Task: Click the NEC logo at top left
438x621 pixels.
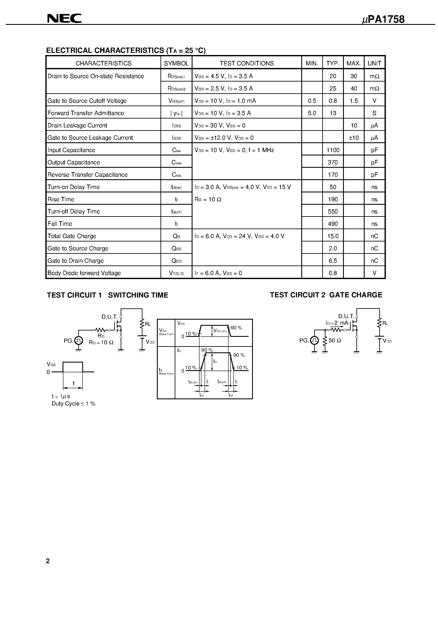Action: tap(64, 18)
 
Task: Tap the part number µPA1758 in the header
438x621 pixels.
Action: tap(383, 20)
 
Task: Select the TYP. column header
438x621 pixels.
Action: tap(333, 63)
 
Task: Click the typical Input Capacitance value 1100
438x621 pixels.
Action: tap(333, 150)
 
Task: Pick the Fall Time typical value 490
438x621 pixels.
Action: tap(333, 224)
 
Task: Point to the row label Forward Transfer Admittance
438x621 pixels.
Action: tap(86, 113)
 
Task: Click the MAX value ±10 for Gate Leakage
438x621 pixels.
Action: tap(353, 138)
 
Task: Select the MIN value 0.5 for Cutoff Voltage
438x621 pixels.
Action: tap(312, 101)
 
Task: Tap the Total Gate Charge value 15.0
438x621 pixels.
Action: tap(333, 236)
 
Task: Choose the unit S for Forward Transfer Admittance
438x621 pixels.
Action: tap(374, 113)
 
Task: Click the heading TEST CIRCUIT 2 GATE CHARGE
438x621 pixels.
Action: tap(326, 295)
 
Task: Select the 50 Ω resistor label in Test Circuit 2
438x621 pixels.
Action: tap(335, 340)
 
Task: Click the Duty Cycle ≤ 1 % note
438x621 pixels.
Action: tap(73, 404)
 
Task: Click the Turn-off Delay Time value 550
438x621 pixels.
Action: tap(333, 212)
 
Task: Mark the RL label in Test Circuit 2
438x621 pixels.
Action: tap(385, 323)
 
